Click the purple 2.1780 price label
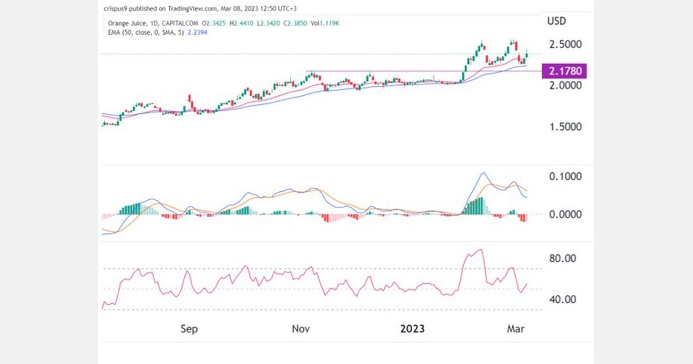coord(565,71)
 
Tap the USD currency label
coord(556,21)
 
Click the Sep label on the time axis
coord(189,329)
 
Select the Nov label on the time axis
coord(301,329)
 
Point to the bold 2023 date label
coord(412,329)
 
